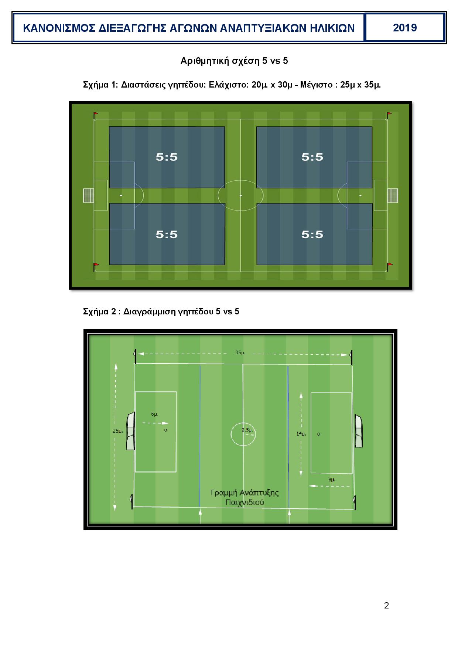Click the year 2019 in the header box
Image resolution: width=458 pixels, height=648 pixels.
(405, 28)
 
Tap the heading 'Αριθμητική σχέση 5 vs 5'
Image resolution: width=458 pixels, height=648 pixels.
(234, 61)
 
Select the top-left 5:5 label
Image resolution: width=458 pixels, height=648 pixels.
(167, 157)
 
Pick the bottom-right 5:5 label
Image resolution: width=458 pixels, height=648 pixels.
(312, 234)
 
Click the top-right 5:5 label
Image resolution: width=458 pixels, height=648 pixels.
(312, 157)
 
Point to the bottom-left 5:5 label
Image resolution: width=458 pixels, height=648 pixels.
(167, 234)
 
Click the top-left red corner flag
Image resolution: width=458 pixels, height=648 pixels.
(95, 115)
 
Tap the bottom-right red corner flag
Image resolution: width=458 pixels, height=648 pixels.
(389, 265)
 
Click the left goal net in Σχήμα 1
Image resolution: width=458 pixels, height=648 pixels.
(88, 195)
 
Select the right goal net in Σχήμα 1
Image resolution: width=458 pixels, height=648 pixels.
(393, 195)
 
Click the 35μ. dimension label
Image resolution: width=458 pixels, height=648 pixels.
(240, 352)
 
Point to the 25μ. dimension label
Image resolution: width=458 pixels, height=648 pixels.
(118, 430)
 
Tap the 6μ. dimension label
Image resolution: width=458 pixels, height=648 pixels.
(155, 414)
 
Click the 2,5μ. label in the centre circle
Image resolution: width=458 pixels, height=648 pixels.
(247, 430)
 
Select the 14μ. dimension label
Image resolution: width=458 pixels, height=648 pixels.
(301, 434)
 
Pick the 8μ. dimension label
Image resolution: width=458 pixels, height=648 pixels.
(332, 480)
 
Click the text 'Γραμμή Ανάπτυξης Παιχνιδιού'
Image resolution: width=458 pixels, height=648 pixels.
(245, 497)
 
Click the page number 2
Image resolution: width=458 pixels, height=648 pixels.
(386, 606)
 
